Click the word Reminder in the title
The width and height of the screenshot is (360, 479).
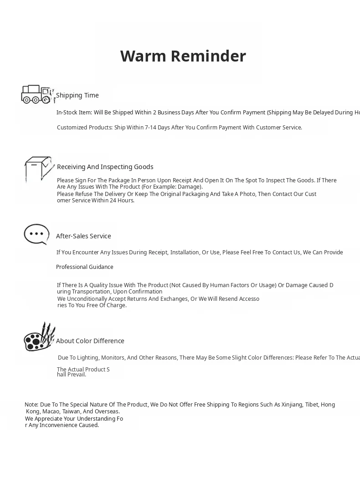[x=209, y=56]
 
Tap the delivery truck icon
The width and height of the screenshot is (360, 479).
[x=36, y=94]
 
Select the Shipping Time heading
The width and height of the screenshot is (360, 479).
[x=77, y=95]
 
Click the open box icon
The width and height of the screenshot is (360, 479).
[x=38, y=168]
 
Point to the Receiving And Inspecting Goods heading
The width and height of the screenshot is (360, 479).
[x=105, y=167]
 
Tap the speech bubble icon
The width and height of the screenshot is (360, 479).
[x=36, y=235]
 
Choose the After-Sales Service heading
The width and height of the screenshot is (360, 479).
[x=83, y=236]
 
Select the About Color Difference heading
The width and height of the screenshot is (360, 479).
[x=90, y=341]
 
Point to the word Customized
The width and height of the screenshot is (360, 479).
[x=72, y=128]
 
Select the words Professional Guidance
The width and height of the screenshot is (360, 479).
[x=85, y=267]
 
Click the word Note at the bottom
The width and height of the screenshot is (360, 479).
[x=31, y=405]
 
